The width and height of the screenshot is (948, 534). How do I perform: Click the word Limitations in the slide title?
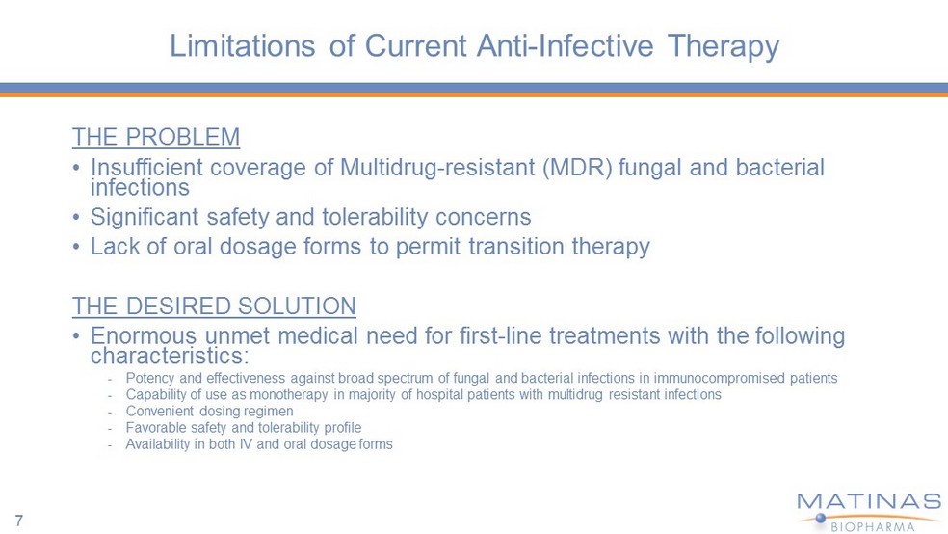coord(243,46)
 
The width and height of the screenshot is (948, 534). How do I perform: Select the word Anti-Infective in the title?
coord(565,46)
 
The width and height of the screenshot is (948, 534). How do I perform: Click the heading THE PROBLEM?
coord(156,137)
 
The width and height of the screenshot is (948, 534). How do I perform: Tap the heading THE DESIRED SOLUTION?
coord(214,306)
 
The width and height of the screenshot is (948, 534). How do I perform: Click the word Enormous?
coord(144,335)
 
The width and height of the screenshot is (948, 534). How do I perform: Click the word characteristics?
coord(167,356)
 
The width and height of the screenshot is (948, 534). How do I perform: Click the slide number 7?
coord(18,521)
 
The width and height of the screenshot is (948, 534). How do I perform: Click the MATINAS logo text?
coord(869,501)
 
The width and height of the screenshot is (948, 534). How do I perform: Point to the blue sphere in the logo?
coord(821,518)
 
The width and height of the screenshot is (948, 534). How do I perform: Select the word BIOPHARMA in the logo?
coord(873,526)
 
